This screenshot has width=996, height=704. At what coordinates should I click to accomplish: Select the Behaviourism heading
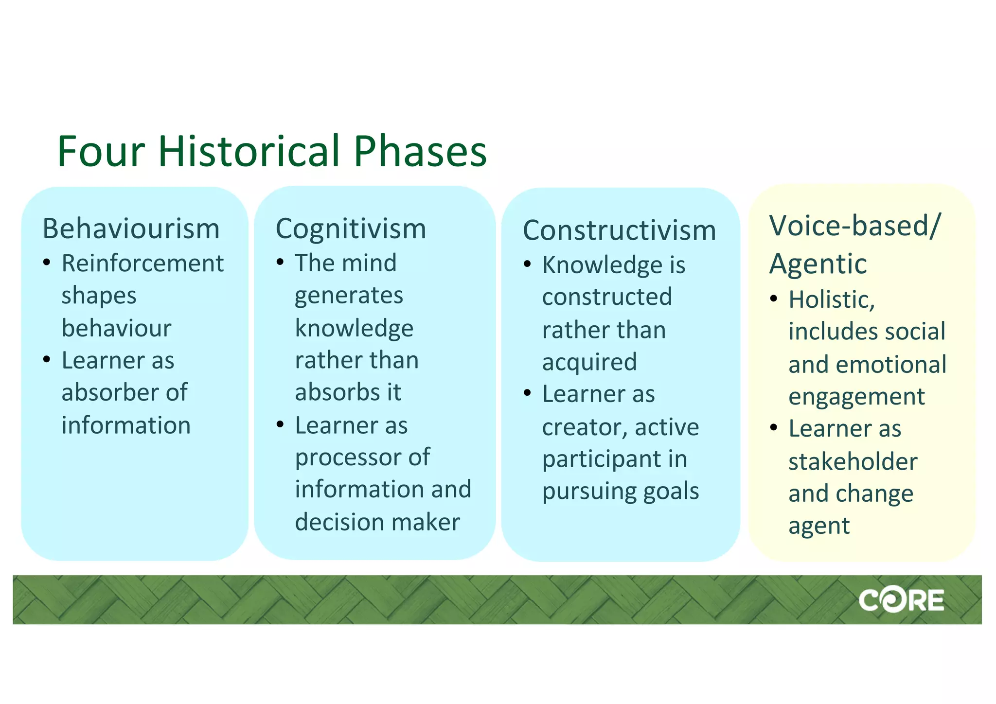[x=131, y=229]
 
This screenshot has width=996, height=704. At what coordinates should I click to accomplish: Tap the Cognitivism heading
[x=351, y=229]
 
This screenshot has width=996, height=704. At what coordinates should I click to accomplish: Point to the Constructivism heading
[x=619, y=230]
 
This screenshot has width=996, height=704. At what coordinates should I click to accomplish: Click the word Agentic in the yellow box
[x=818, y=264]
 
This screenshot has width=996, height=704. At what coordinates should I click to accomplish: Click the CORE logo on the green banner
[x=901, y=600]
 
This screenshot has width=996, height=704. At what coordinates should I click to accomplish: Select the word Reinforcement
[x=142, y=264]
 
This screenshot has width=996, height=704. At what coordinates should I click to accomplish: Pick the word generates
[x=349, y=295]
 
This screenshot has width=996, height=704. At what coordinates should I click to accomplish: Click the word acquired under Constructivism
[x=589, y=362]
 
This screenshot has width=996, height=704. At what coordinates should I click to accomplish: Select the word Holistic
[x=832, y=300]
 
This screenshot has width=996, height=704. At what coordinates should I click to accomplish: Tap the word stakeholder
[x=853, y=461]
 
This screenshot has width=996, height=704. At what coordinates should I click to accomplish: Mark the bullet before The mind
[x=280, y=263]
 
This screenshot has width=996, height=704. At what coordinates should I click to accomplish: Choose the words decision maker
[x=377, y=522]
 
